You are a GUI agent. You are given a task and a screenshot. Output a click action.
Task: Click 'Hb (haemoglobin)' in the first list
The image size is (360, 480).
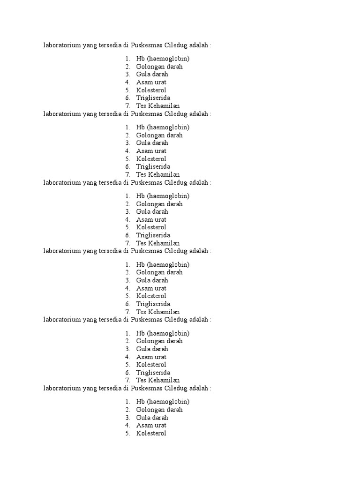[x=163, y=59]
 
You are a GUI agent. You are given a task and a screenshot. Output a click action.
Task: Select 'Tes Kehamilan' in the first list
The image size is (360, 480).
[x=158, y=106]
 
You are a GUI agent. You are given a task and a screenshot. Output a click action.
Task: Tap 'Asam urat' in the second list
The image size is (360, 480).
[x=151, y=151]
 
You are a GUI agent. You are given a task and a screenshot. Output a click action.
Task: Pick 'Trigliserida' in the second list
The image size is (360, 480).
[x=153, y=166]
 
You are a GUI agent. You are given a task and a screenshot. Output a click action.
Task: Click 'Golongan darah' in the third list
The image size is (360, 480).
[x=159, y=204]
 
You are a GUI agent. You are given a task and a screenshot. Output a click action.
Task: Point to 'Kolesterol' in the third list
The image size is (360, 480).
[x=151, y=227]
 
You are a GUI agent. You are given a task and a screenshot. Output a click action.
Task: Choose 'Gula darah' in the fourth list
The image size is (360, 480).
[x=152, y=280]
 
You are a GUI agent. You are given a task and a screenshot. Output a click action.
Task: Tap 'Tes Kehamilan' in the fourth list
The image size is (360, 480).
[x=158, y=312]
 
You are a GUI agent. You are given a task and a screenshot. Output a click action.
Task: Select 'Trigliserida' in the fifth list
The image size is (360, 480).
[x=153, y=373]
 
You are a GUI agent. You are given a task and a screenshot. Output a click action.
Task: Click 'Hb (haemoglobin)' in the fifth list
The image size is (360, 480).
[x=163, y=333]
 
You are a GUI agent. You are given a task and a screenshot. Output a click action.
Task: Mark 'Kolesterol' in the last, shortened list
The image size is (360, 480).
[x=151, y=433]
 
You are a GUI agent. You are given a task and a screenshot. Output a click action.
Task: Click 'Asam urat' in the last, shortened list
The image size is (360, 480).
[x=151, y=425]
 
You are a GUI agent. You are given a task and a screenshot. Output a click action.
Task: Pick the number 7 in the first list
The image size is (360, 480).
[x=127, y=106]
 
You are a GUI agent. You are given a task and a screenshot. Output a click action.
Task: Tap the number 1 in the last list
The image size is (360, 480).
[x=127, y=402]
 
